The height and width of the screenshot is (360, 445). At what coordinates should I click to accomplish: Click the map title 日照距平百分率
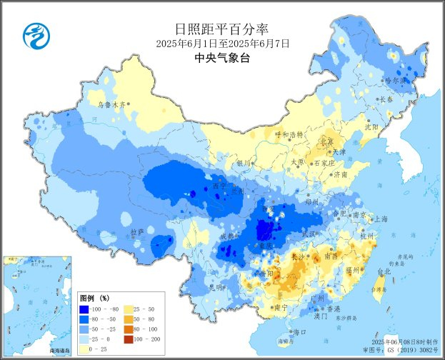coord(222,29)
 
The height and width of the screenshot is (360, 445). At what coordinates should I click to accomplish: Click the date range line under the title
coord(222,44)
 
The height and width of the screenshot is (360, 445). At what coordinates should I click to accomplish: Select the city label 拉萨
coord(137,231)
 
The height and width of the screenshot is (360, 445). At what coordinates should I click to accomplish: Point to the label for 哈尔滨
coord(394,81)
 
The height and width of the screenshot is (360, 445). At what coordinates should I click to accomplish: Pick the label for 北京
coord(327,141)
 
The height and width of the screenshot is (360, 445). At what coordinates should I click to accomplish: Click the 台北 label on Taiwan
coord(384,271)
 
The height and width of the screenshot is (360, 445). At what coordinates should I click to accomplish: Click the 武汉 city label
coord(309,234)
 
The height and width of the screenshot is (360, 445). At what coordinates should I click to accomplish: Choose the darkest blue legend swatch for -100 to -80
coord(89,309)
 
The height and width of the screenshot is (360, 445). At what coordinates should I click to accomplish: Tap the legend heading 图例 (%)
coord(94,296)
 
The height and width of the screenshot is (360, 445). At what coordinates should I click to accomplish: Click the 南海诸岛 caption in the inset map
coord(60,351)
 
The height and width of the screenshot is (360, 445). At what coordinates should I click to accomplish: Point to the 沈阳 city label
coord(371,126)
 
